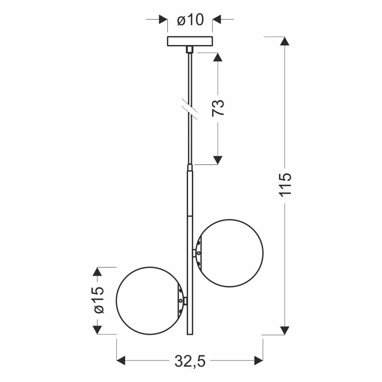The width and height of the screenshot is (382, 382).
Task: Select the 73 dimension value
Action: click(x=218, y=108)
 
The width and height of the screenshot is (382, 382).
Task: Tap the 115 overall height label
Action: click(x=285, y=184)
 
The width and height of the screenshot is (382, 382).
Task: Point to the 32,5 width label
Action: click(x=190, y=361)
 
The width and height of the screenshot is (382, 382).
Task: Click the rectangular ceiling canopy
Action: click(x=190, y=41)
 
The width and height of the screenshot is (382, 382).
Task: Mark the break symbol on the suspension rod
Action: click(x=190, y=109)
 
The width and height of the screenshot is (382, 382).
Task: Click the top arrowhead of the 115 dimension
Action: click(x=285, y=41)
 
